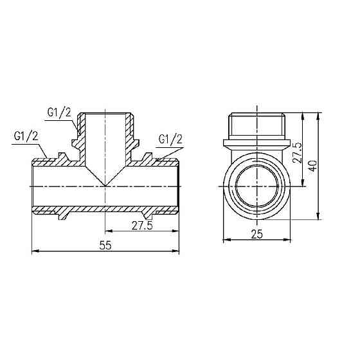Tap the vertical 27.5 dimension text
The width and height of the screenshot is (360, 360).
tap(297, 152)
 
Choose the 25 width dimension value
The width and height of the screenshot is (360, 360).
tap(257, 235)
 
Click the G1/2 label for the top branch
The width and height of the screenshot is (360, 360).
tap(59, 113)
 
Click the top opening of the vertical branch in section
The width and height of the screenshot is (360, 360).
tap(105, 116)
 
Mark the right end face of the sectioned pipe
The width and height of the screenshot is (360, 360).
tap(179, 186)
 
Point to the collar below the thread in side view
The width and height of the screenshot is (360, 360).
tap(257, 140)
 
